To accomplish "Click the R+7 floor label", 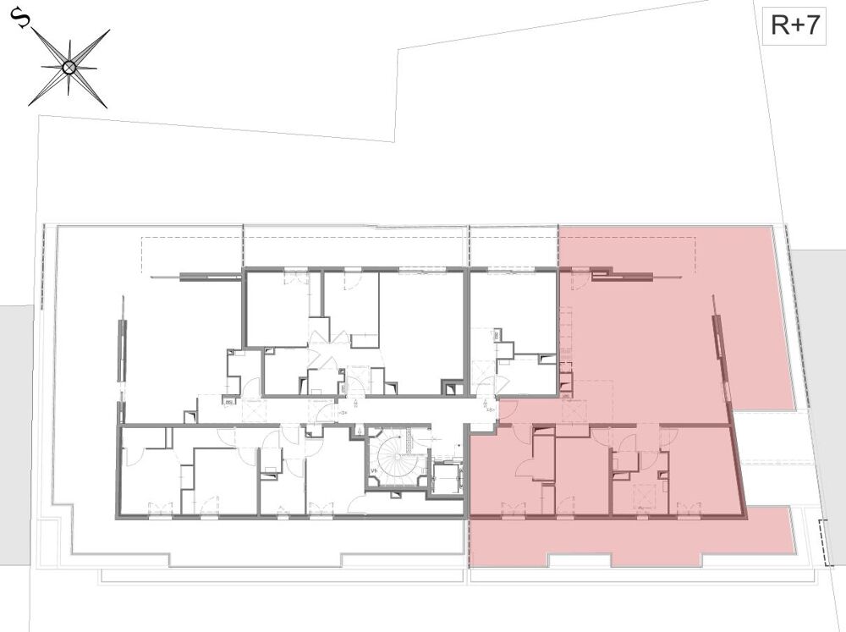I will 794,26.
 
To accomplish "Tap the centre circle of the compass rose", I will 69,67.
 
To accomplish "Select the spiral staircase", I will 393,459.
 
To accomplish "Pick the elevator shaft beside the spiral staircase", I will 446,479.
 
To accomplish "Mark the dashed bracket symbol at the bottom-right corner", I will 826,541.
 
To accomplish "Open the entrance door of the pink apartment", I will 508,411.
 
